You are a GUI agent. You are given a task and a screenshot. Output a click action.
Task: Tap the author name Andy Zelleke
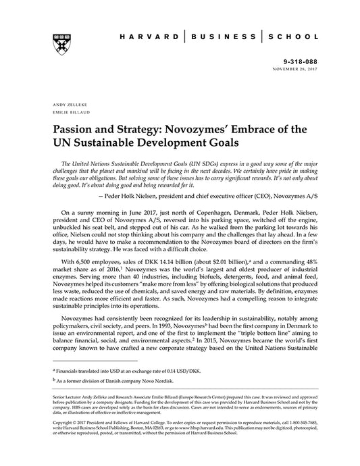pos(66,105)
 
